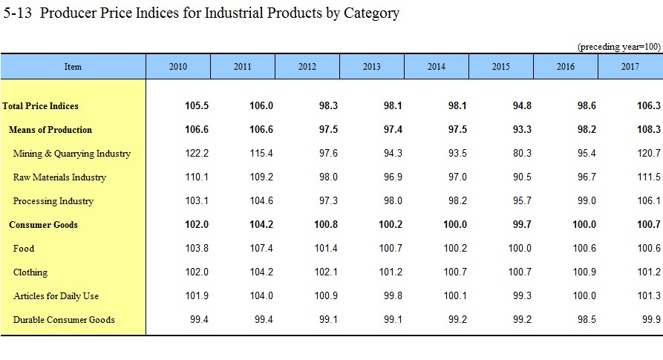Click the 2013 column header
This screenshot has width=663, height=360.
click(x=372, y=67)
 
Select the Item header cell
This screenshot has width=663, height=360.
click(x=74, y=67)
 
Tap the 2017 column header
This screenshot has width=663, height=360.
click(x=630, y=67)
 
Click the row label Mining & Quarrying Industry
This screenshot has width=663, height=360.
click(x=72, y=154)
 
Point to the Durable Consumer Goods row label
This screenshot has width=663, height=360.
click(x=64, y=320)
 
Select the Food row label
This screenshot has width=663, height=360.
click(x=24, y=249)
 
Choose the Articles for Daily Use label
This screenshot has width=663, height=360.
click(x=56, y=296)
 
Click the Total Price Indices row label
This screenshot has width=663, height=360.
click(x=40, y=106)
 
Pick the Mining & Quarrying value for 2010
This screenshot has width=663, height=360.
click(x=197, y=154)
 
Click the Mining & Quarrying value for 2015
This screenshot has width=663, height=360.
click(x=522, y=154)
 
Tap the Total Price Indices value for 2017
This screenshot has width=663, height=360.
click(x=649, y=105)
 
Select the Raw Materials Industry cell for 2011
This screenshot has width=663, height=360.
click(x=261, y=177)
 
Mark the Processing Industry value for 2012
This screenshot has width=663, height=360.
click(x=329, y=200)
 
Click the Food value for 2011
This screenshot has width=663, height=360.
click(x=261, y=249)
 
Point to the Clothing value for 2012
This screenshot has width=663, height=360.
click(x=326, y=272)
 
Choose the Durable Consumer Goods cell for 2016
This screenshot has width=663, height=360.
click(x=587, y=320)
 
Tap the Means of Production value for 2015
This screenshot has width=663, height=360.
click(x=522, y=130)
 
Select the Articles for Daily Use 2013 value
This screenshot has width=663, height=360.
click(x=393, y=295)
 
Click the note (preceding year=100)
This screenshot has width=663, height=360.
click(x=619, y=47)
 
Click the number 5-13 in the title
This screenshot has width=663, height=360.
click(x=17, y=13)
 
